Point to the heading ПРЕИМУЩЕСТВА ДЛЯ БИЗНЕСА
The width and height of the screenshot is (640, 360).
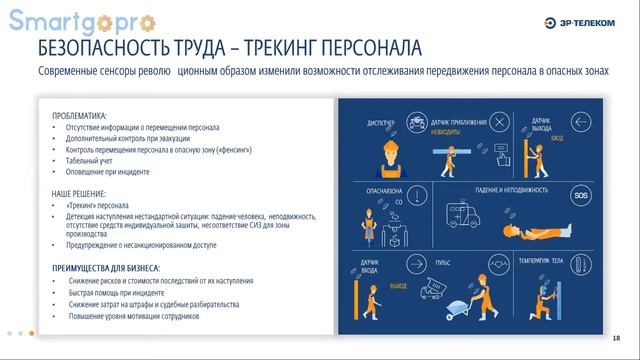coord(108,269)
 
